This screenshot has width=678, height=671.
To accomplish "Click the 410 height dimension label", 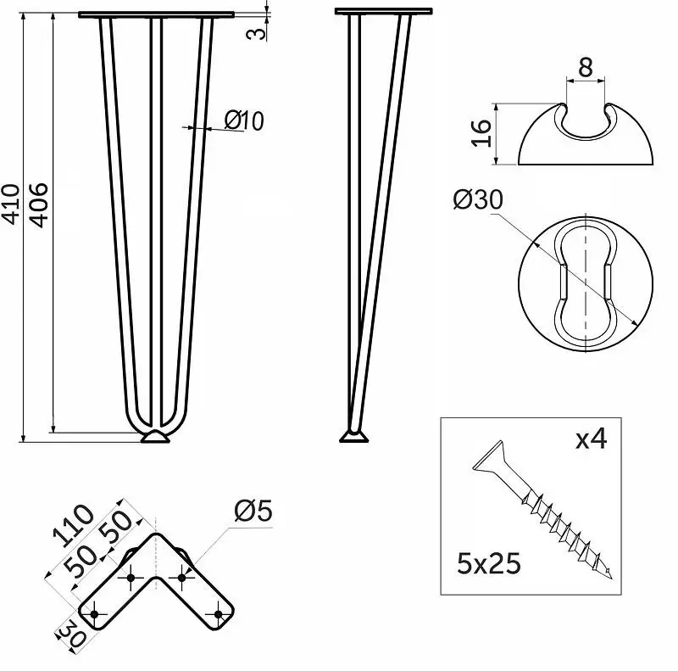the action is point(11,204).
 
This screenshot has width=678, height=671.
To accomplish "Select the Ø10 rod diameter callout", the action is point(244,120).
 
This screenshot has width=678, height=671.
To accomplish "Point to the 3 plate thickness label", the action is point(257,32).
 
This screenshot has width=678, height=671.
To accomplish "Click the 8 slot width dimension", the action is point(586,68).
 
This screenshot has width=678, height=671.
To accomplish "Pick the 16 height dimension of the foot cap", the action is point(481,133).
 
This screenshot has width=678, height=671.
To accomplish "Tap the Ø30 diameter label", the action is point(478,199).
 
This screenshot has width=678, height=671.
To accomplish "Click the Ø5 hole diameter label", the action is point(253,511).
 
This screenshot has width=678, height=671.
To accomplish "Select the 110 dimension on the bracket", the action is point(73,525).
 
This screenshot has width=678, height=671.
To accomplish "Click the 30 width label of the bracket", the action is point(72,633).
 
